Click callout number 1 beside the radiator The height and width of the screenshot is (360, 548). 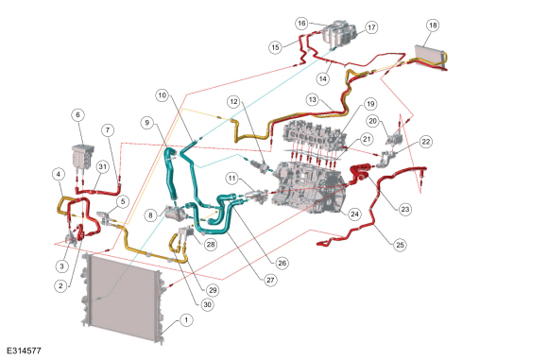click(186, 320)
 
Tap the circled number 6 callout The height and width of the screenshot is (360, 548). click(77, 115)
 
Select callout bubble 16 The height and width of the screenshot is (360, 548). click(301, 23)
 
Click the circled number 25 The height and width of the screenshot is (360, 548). click(400, 245)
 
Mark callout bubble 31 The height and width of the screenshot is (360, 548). click(102, 167)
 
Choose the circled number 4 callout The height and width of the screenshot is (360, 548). click(59, 174)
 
